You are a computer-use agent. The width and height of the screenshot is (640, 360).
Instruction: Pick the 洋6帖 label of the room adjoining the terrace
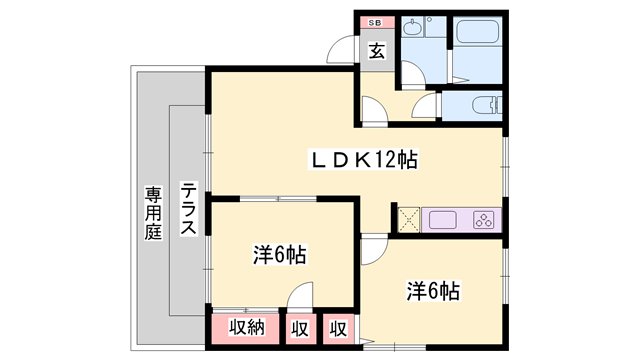coord(278,256)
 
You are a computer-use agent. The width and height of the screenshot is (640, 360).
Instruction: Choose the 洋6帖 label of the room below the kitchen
coord(432,291)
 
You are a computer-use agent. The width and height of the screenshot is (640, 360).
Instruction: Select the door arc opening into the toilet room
coord(429,108)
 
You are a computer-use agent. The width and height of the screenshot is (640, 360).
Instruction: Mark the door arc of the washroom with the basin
coord(410,72)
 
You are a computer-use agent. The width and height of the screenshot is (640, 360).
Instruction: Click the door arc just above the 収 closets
coord(301,295)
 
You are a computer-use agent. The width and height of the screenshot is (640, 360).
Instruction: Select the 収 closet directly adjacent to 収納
coord(299,327)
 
